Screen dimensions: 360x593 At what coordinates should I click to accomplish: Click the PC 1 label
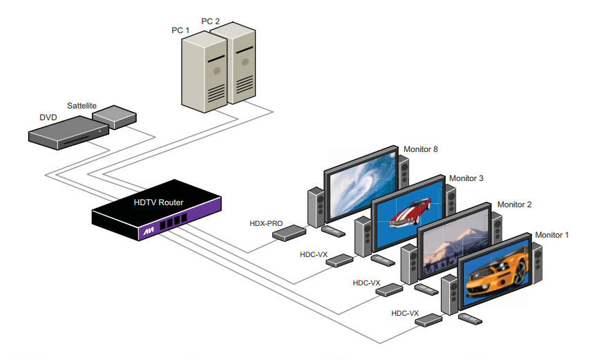click(182, 30)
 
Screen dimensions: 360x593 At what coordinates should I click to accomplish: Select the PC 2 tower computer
click(240, 66)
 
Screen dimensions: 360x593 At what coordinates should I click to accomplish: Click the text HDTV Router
click(158, 202)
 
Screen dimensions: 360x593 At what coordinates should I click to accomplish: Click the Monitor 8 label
click(421, 149)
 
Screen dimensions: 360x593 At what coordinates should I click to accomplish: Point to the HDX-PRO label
click(265, 223)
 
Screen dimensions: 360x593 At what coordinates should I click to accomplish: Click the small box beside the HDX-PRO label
click(289, 234)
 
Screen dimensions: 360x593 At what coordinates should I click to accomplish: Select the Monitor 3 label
click(466, 179)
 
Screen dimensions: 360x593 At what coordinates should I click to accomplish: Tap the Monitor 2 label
click(514, 205)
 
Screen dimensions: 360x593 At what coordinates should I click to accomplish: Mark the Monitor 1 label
click(552, 235)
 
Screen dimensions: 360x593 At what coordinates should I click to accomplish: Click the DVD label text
click(48, 117)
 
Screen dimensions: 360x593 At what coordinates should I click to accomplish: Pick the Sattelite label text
click(82, 106)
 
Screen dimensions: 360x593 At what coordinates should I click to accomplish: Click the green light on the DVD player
click(100, 131)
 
